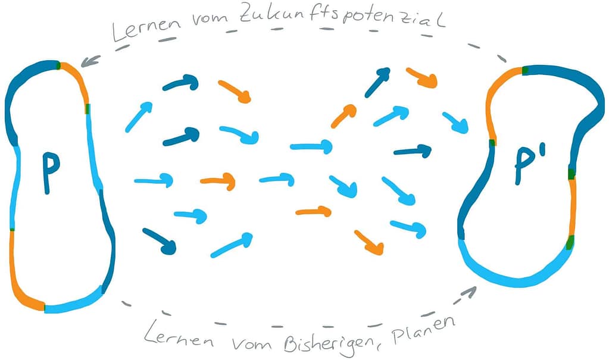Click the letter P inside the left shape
point(51,173)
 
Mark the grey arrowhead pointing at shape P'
point(470,292)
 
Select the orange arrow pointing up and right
point(345,116)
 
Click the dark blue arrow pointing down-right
point(160,240)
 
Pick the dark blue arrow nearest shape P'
point(413,151)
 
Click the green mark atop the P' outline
point(525,71)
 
